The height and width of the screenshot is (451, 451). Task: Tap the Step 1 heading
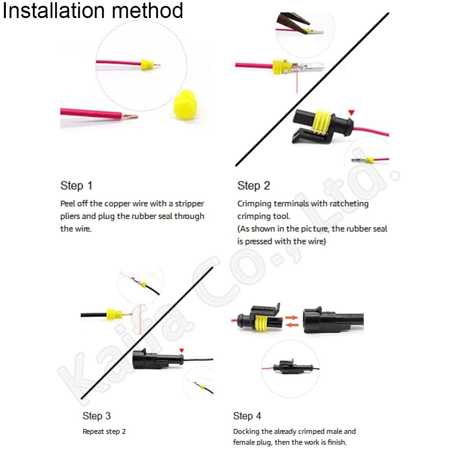tap(76, 185)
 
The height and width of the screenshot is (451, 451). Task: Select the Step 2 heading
tap(253, 185)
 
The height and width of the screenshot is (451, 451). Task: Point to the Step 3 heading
tap(97, 415)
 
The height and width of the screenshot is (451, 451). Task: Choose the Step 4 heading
tap(247, 415)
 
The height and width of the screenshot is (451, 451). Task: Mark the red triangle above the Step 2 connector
tap(351, 112)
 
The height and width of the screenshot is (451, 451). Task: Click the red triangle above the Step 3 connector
tap(182, 350)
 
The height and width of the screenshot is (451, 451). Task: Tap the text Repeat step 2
tap(104, 432)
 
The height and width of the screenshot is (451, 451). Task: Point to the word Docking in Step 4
tap(246, 432)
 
